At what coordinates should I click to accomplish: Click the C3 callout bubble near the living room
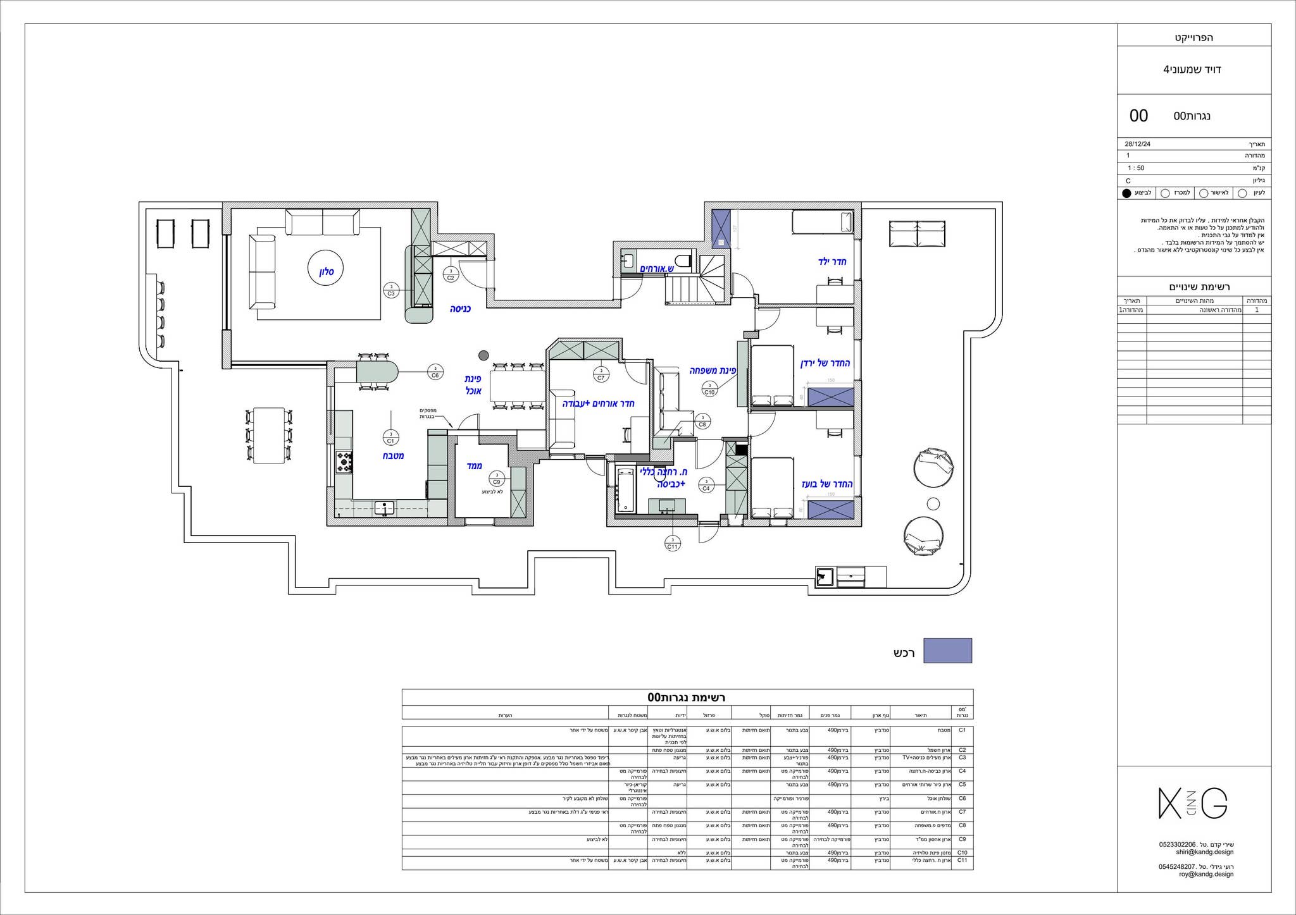[391, 291]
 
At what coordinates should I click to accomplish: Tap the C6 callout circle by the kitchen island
[435, 372]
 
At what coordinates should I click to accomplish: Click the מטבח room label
[392, 455]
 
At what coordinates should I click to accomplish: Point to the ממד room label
[475, 466]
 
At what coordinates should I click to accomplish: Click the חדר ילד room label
[832, 262]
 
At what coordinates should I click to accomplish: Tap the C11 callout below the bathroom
[672, 543]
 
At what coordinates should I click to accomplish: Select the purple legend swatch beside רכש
[947, 651]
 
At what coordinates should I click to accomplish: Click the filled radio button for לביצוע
[1126, 193]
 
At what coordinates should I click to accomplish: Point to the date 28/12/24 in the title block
[1137, 144]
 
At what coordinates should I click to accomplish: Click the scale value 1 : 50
[1136, 168]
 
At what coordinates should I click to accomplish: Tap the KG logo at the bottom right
[1193, 804]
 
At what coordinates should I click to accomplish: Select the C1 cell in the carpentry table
[962, 730]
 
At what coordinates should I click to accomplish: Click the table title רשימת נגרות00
[687, 697]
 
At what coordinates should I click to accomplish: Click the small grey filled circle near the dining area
[483, 355]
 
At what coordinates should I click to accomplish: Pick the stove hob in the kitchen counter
[344, 462]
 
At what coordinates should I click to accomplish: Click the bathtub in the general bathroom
[625, 489]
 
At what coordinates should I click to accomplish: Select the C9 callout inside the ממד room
[497, 479]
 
